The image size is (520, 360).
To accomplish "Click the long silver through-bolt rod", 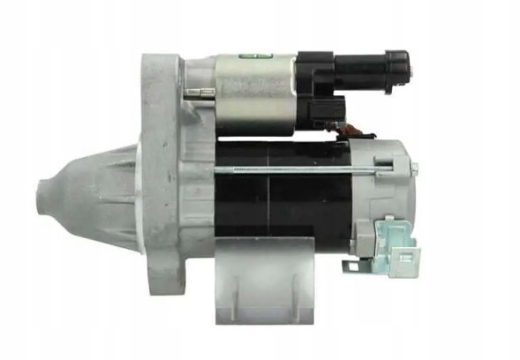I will pyautogui.click(x=291, y=167).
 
